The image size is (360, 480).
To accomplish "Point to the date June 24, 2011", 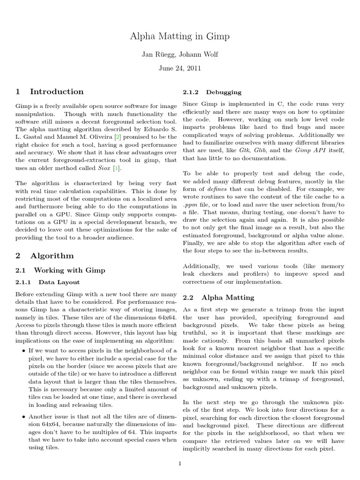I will [x=180, y=68].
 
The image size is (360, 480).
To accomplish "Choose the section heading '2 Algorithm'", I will [x=45, y=255].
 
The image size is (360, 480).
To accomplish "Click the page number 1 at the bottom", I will [x=180, y=464].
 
